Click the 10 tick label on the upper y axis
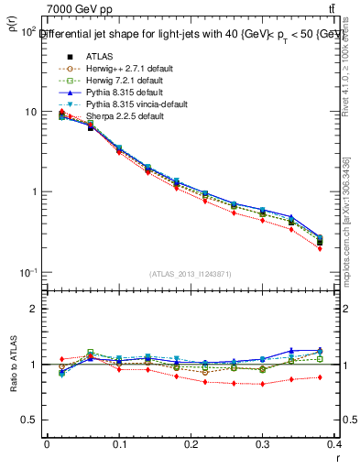pos(30,112)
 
